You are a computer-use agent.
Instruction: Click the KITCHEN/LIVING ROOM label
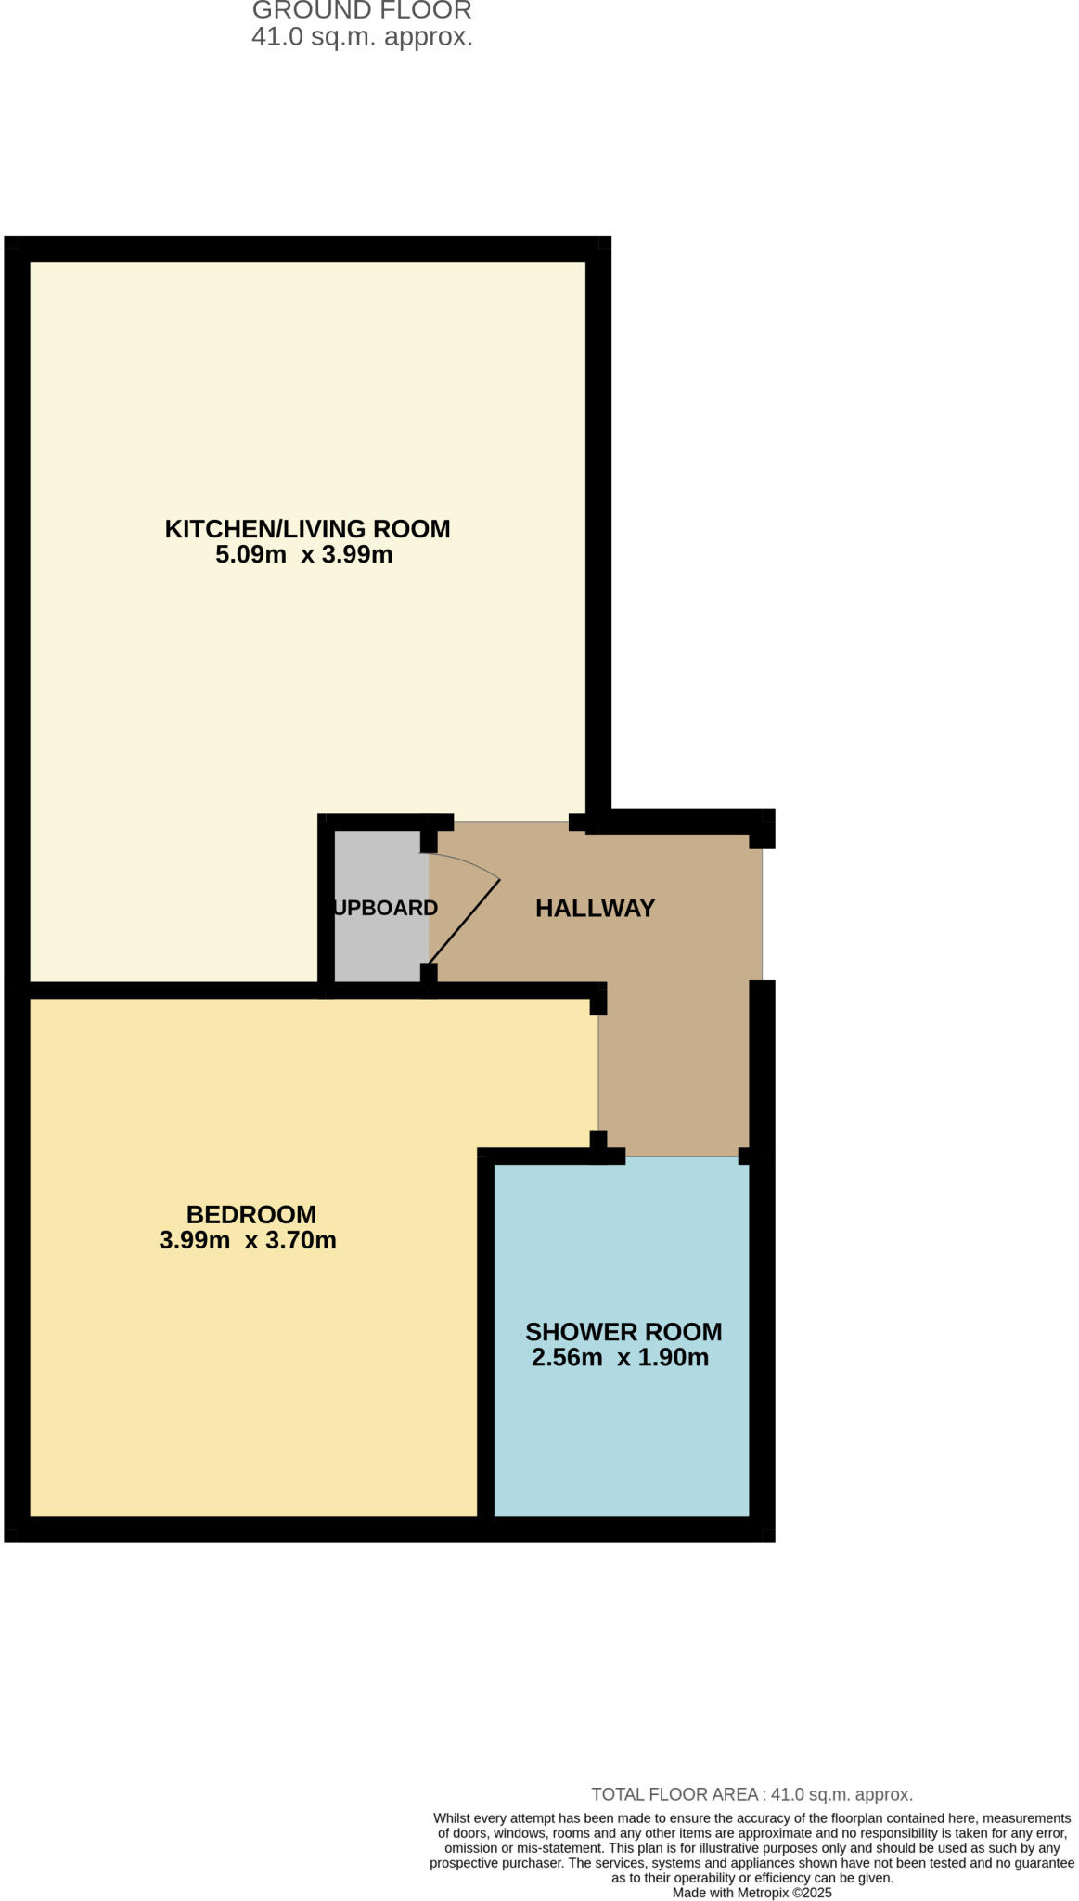pyautogui.click(x=307, y=529)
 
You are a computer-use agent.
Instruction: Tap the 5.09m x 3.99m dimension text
pyautogui.click(x=304, y=555)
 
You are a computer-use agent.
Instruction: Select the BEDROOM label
pyautogui.click(x=251, y=1214)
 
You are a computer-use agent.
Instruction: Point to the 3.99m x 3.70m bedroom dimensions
pyautogui.click(x=248, y=1240)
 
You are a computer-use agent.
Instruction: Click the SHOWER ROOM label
pyautogui.click(x=623, y=1332)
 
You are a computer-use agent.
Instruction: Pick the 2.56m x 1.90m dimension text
pyautogui.click(x=620, y=1358)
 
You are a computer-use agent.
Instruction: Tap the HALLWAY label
pyautogui.click(x=595, y=908)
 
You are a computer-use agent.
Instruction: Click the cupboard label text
pyautogui.click(x=385, y=908)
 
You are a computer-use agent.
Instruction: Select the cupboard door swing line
pyautogui.click(x=465, y=921)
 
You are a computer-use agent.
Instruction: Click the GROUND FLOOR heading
pyautogui.click(x=362, y=11)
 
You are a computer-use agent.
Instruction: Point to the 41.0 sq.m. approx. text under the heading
pyautogui.click(x=362, y=37)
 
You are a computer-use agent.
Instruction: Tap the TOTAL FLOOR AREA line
pyautogui.click(x=751, y=1794)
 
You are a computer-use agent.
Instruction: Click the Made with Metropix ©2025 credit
pyautogui.click(x=751, y=1893)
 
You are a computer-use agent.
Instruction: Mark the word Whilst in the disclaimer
pyautogui.click(x=452, y=1818)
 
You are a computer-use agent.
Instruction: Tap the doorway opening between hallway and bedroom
pyautogui.click(x=598, y=1073)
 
